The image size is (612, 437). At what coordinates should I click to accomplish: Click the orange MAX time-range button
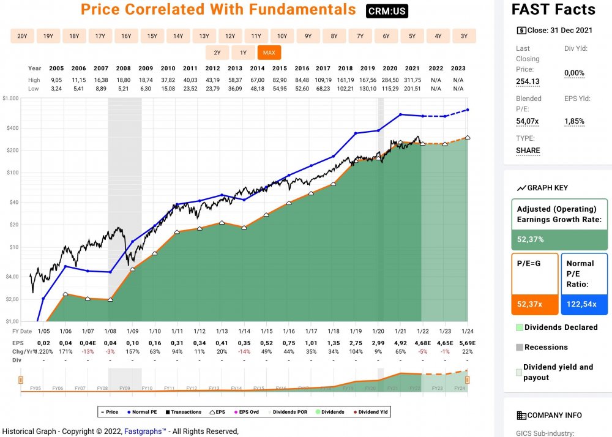269,53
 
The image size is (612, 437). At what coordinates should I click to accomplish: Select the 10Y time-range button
282,36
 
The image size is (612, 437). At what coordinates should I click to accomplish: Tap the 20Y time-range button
22,36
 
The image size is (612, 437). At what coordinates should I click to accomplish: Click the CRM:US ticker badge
387,11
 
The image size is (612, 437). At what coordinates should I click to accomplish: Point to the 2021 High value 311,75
412,80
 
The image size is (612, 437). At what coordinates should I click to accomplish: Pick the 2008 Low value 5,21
124,89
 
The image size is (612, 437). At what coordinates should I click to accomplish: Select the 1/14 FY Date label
244,331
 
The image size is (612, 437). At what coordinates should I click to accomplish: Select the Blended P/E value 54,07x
528,121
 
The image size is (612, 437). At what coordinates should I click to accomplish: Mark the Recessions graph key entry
546,347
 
